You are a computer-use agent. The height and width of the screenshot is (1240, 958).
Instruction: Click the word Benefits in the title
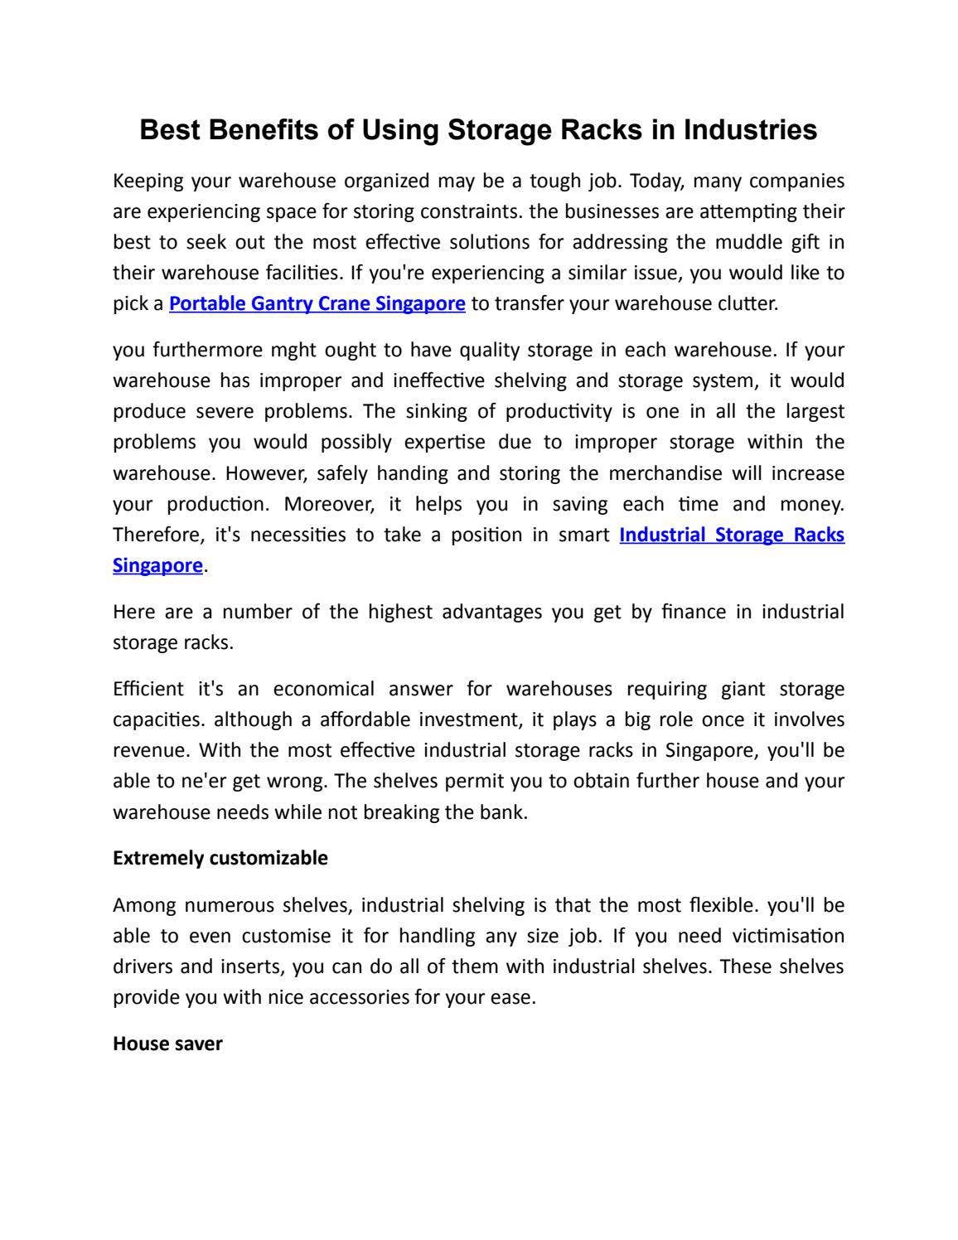264,130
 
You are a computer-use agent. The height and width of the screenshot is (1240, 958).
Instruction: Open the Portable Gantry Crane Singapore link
317,303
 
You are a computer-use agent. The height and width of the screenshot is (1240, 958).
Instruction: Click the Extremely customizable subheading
220,858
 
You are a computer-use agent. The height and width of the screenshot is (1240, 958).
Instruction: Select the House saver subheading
167,1044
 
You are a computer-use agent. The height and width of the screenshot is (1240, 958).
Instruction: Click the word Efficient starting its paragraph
148,690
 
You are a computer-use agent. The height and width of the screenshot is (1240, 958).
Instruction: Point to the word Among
143,905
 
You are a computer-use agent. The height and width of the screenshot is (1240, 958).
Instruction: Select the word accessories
359,997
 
